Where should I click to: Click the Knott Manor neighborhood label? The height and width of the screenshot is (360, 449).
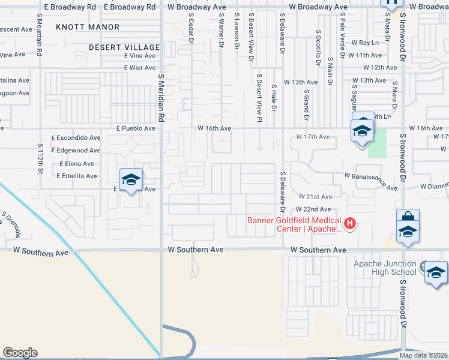point(88,27)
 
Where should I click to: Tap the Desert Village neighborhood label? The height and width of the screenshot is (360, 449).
point(124,47)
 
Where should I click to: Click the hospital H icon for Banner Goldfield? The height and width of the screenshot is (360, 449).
point(349,224)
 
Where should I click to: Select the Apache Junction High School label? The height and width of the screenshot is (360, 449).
point(385,268)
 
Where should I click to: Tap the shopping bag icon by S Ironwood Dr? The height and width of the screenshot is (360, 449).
point(407,218)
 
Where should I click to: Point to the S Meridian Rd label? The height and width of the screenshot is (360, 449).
point(161,98)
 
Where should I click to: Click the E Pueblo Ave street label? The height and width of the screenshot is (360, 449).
point(136,128)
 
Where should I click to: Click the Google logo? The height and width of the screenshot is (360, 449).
point(20,353)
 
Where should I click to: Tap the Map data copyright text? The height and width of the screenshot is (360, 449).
point(424,355)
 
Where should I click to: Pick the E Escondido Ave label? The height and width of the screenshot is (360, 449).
point(76,137)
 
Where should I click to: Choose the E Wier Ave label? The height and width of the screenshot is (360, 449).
point(140,68)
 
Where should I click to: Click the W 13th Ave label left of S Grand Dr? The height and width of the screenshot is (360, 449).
point(301,82)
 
